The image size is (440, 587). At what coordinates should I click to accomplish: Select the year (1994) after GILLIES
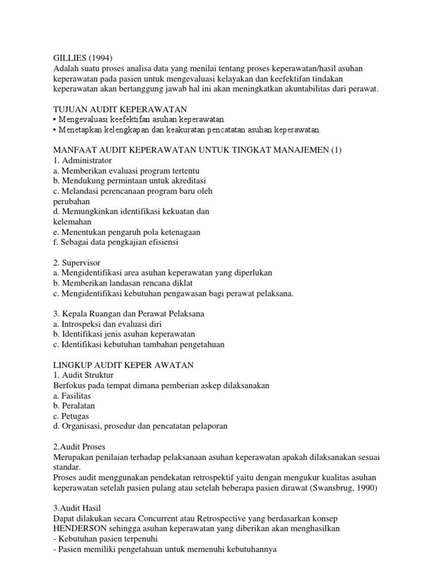click(101, 57)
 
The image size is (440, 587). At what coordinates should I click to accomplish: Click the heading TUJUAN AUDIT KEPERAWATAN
click(120, 109)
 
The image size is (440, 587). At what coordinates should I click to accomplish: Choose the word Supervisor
click(81, 263)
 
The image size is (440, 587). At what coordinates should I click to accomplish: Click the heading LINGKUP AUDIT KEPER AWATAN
click(123, 365)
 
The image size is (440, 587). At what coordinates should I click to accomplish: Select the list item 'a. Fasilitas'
click(72, 396)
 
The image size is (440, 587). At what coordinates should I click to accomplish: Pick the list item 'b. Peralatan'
click(74, 406)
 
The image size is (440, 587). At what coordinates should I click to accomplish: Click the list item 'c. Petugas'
click(71, 416)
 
